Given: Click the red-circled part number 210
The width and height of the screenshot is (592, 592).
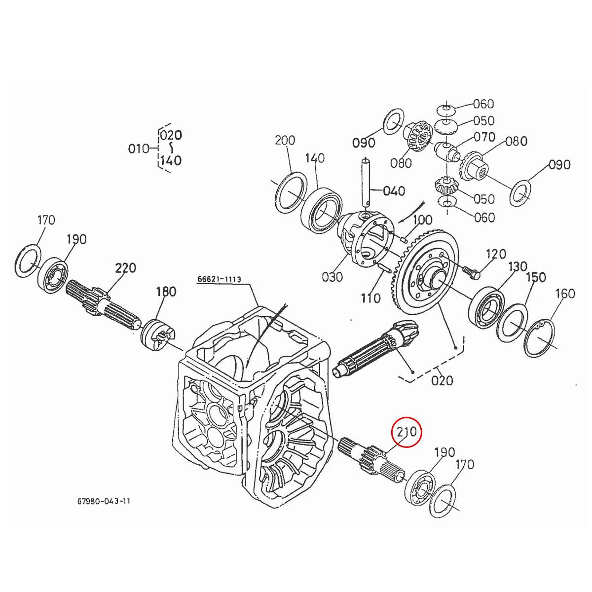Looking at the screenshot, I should [407, 433].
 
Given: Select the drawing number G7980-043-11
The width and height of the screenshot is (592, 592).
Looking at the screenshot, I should [104, 501].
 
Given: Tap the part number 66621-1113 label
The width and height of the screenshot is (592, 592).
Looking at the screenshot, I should [219, 279].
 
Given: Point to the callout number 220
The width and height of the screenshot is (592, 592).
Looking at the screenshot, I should [125, 269].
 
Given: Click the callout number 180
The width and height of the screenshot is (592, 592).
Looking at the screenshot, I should [166, 292].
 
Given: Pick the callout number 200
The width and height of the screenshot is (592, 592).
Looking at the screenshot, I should [285, 141].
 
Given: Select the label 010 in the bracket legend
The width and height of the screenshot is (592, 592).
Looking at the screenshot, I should [138, 148].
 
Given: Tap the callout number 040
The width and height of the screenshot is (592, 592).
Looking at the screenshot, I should [394, 191].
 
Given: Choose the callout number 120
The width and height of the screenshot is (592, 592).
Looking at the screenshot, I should [496, 254].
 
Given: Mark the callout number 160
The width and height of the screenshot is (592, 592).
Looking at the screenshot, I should [565, 294].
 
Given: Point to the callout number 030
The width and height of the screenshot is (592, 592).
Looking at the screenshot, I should [332, 277].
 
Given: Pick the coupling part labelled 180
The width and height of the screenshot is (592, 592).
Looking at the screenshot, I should [157, 337].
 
